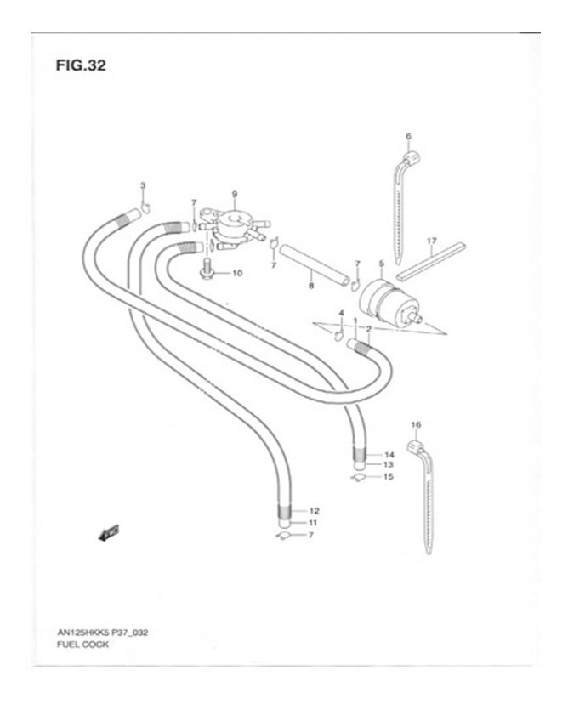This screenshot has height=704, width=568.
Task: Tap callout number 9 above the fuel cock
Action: [x=234, y=194]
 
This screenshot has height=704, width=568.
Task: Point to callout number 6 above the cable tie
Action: [x=408, y=136]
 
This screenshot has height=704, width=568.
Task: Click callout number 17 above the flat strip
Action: [x=432, y=241]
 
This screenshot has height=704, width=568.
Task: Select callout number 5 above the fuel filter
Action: [x=380, y=264]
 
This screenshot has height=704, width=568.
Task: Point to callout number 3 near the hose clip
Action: [x=143, y=186]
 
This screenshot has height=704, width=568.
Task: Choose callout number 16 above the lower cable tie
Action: [x=416, y=423]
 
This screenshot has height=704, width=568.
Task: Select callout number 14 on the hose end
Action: [x=388, y=455]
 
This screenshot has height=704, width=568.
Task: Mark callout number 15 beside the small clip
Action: [x=388, y=477]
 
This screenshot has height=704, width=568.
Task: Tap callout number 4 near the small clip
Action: [x=341, y=314]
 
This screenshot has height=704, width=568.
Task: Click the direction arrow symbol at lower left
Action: [x=108, y=533]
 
